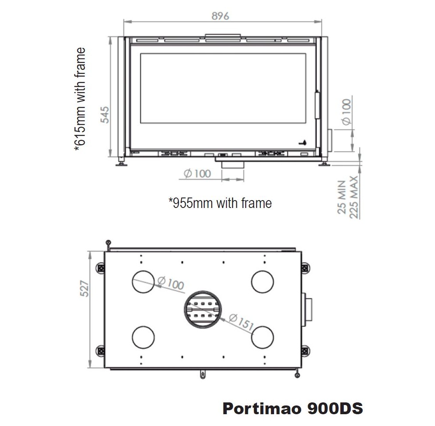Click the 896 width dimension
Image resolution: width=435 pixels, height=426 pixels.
[x=220, y=16]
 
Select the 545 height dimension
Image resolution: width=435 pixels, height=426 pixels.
[x=105, y=114]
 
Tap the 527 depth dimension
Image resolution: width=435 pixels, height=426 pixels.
[x=86, y=288]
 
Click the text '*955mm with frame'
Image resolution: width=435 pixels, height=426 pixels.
[x=220, y=203]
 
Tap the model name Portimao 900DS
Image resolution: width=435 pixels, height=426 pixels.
[x=292, y=409]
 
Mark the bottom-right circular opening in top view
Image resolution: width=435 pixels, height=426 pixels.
[x=262, y=338]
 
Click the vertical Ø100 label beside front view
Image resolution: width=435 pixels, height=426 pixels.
[x=346, y=112]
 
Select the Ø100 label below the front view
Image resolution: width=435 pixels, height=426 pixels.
[x=197, y=173]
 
